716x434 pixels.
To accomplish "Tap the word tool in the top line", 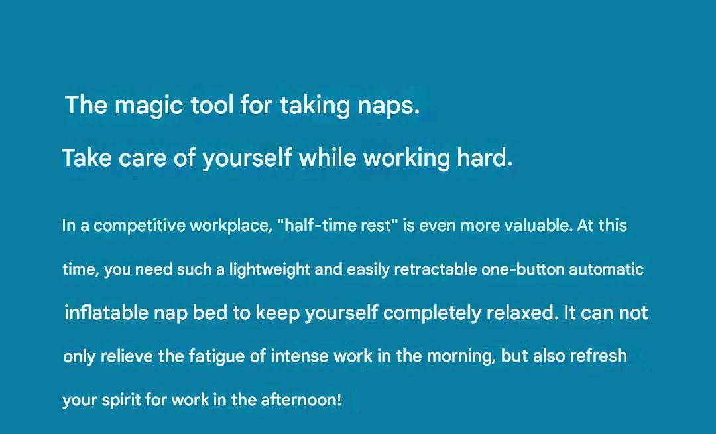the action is pos(212,105).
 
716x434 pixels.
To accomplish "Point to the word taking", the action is pos(315,106).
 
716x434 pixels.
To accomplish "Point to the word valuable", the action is pos(539,225).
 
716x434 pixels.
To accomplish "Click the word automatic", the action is pos(607,269).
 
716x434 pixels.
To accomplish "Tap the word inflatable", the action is pos(107,313).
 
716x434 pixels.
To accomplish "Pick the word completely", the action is pos(432,314).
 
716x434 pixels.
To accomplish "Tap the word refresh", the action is pos(599,356).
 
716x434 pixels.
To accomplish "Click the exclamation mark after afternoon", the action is pos(339,400).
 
